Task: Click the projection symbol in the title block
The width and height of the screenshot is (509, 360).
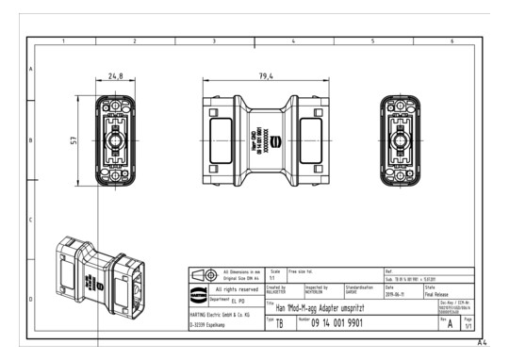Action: (x=204, y=274)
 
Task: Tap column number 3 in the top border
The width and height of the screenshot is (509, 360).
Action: (x=214, y=41)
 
